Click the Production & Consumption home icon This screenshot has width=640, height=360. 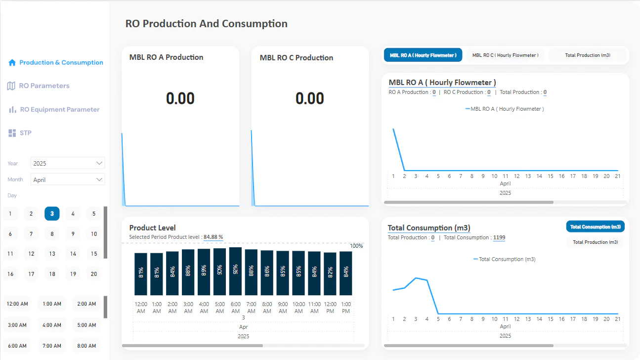(12, 63)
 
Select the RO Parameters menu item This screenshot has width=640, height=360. (44, 86)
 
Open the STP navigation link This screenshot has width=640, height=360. (25, 133)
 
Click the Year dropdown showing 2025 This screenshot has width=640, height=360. (67, 163)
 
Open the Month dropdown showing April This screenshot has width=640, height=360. (67, 180)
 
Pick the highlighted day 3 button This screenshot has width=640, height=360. (52, 214)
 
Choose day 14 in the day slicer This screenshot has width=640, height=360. (73, 254)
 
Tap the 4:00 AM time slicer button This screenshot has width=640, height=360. (52, 325)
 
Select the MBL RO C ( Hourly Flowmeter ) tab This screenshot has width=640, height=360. (505, 55)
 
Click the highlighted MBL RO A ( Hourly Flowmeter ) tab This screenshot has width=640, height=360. (423, 55)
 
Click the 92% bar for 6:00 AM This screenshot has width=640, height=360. (235, 271)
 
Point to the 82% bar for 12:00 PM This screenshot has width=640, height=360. (330, 273)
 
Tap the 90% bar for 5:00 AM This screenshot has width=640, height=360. (219, 271)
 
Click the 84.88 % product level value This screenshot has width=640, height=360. (213, 237)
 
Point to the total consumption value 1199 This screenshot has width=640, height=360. (499, 238)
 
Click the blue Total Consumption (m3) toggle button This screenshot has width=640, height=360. (596, 227)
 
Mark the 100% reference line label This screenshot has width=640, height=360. (356, 246)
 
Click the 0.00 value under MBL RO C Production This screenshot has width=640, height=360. (310, 98)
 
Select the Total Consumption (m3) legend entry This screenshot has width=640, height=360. (504, 259)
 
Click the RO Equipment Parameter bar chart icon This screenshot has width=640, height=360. (12, 109)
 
